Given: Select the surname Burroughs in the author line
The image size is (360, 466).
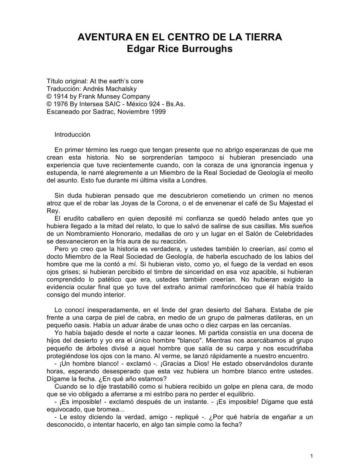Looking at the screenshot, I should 211,50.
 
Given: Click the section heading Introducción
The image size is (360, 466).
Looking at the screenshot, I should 72,134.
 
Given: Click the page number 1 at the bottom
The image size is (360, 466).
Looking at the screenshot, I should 311,456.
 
